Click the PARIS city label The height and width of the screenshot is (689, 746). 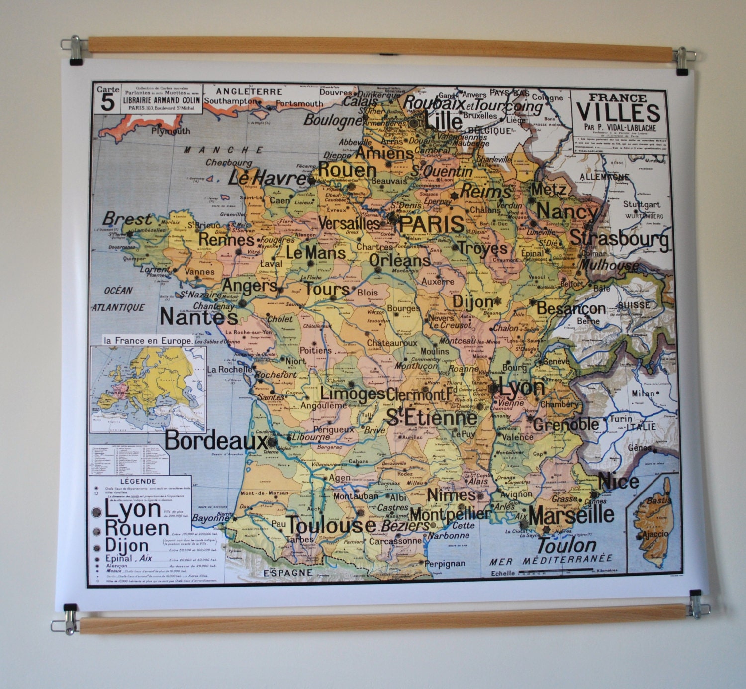coord(432,224)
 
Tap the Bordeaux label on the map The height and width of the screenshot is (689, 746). coord(215,440)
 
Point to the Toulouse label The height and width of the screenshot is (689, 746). coord(331,525)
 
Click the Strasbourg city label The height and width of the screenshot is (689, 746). coord(619,238)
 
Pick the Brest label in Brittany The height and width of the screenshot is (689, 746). coord(127,219)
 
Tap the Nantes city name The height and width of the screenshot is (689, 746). coord(198,317)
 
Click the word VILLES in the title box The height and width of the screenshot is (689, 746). coord(618,113)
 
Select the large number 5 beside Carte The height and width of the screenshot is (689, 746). coord(107,103)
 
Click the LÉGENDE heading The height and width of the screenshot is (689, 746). coord(138,481)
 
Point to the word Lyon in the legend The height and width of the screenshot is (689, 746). coord(132,509)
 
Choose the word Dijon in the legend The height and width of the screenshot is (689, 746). coord(127,545)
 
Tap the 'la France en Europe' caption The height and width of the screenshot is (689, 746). coord(148,341)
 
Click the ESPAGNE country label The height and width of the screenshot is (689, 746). coord(287,573)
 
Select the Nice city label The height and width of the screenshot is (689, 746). coord(618,481)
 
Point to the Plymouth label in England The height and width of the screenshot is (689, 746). coord(171,131)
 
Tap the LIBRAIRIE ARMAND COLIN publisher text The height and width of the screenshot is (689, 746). coord(162,100)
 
